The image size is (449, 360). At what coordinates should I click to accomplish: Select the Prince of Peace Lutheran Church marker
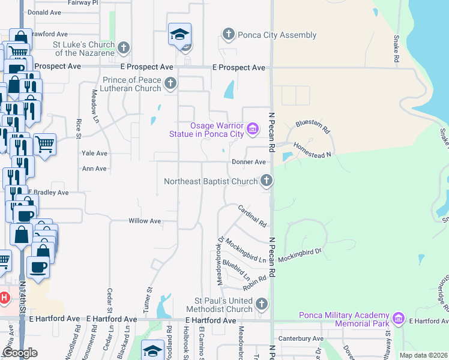pyautogui.click(x=170, y=83)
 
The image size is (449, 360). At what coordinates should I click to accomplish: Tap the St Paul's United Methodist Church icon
pyautogui.click(x=261, y=304)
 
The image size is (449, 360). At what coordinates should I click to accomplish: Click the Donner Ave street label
pyautogui.click(x=249, y=162)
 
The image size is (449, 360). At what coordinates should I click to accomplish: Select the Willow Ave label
pyautogui.click(x=145, y=221)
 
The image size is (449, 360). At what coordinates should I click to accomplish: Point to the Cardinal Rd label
pyautogui.click(x=252, y=216)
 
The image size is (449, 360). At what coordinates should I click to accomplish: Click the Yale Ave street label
pyautogui.click(x=94, y=154)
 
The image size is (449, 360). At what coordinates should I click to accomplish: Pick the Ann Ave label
pyautogui.click(x=94, y=169)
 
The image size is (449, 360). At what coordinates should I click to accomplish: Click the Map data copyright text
pyautogui.click(x=423, y=355)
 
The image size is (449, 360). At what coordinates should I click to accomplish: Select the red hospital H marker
pyautogui.click(x=4, y=297)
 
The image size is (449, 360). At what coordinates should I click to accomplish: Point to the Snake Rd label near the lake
pyautogui.click(x=396, y=49)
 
